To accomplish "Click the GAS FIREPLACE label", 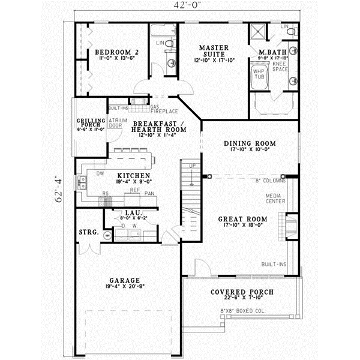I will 159,110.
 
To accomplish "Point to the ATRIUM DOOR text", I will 116,124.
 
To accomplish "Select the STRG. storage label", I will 88,231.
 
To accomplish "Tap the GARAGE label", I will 125,280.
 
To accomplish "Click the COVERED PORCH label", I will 242,292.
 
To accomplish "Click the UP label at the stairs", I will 192,166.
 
